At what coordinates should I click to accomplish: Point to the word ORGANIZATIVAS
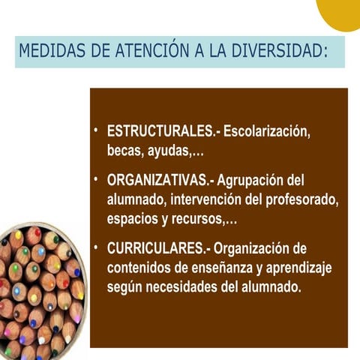(x=158, y=181)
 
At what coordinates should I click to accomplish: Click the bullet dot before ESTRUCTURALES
(x=97, y=130)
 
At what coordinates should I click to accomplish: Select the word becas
(x=125, y=151)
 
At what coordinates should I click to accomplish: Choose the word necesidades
(x=187, y=288)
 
